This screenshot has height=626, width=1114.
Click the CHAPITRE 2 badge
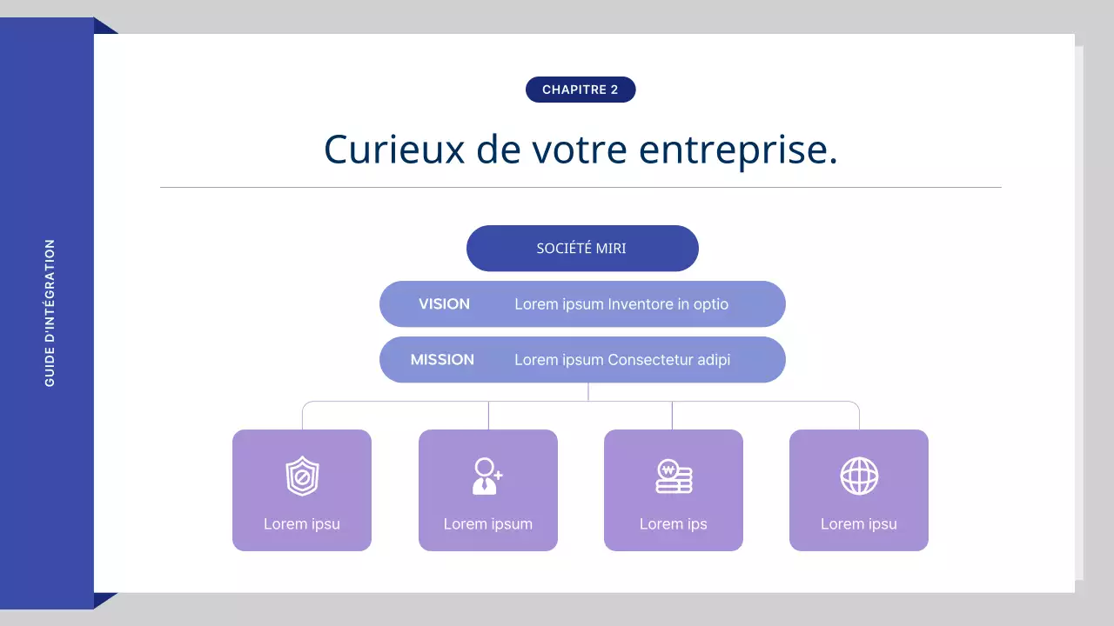tap(580, 90)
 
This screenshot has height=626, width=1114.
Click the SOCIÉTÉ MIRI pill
tap(582, 249)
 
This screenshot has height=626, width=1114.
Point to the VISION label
tap(444, 304)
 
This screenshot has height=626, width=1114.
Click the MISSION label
tap(442, 360)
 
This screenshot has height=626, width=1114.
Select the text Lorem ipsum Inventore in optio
tap(621, 304)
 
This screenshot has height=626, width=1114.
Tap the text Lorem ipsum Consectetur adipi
tap(622, 360)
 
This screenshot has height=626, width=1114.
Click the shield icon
tap(302, 476)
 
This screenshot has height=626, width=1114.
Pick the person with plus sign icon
tap(487, 476)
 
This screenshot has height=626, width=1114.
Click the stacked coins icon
tap(674, 477)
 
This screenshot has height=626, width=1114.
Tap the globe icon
tap(859, 476)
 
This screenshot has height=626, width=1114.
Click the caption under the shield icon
tap(302, 524)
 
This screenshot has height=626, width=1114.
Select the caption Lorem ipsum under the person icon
tap(488, 524)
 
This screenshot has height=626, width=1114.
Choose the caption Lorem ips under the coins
tap(674, 524)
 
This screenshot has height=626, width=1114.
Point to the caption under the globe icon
tap(859, 524)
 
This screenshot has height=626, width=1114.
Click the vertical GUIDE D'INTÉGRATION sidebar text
tap(50, 313)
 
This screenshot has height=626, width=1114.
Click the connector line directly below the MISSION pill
tap(588, 391)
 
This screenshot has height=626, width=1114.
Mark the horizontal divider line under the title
tap(580, 187)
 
